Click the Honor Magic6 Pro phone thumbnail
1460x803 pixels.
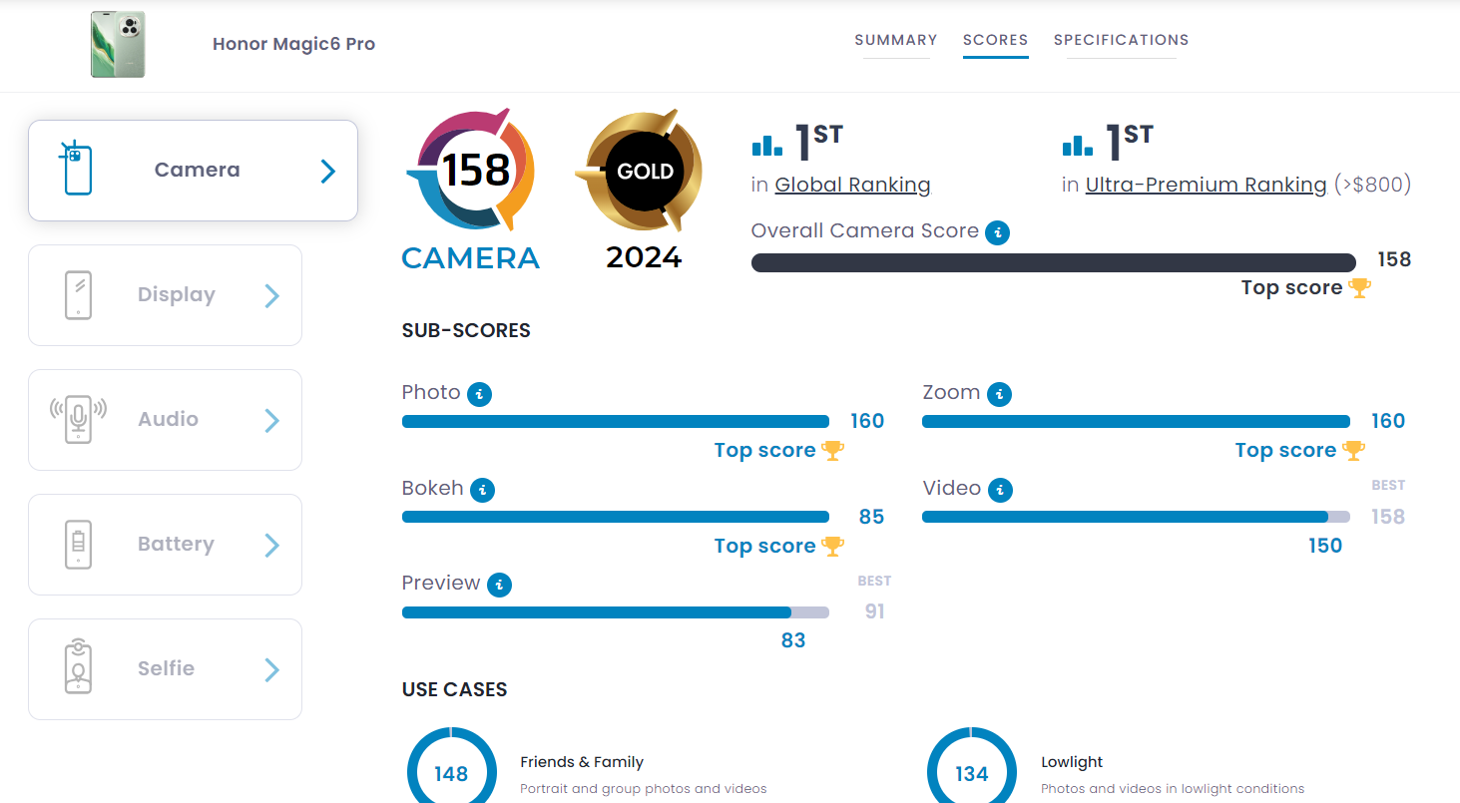pyautogui.click(x=118, y=44)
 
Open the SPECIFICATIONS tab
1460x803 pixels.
pyautogui.click(x=1121, y=40)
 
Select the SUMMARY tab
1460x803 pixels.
pyautogui.click(x=895, y=40)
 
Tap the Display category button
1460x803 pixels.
pyautogui.click(x=165, y=295)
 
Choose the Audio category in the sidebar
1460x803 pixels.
pyautogui.click(x=165, y=420)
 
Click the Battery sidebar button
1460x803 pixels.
pyautogui.click(x=165, y=545)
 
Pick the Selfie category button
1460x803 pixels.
pyautogui.click(x=165, y=669)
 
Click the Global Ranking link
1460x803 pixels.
pyautogui.click(x=852, y=185)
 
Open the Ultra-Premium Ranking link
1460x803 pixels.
pyautogui.click(x=1206, y=185)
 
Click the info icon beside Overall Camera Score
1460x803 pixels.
pyautogui.click(x=997, y=232)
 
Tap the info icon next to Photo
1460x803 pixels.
pyautogui.click(x=480, y=394)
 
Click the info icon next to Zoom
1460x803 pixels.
pyautogui.click(x=999, y=394)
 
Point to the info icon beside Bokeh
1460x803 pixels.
pyautogui.click(x=483, y=490)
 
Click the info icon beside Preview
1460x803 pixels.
pyautogui.click(x=499, y=585)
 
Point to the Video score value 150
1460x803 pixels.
pyautogui.click(x=1325, y=546)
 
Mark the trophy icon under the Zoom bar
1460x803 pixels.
pyautogui.click(x=1353, y=450)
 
